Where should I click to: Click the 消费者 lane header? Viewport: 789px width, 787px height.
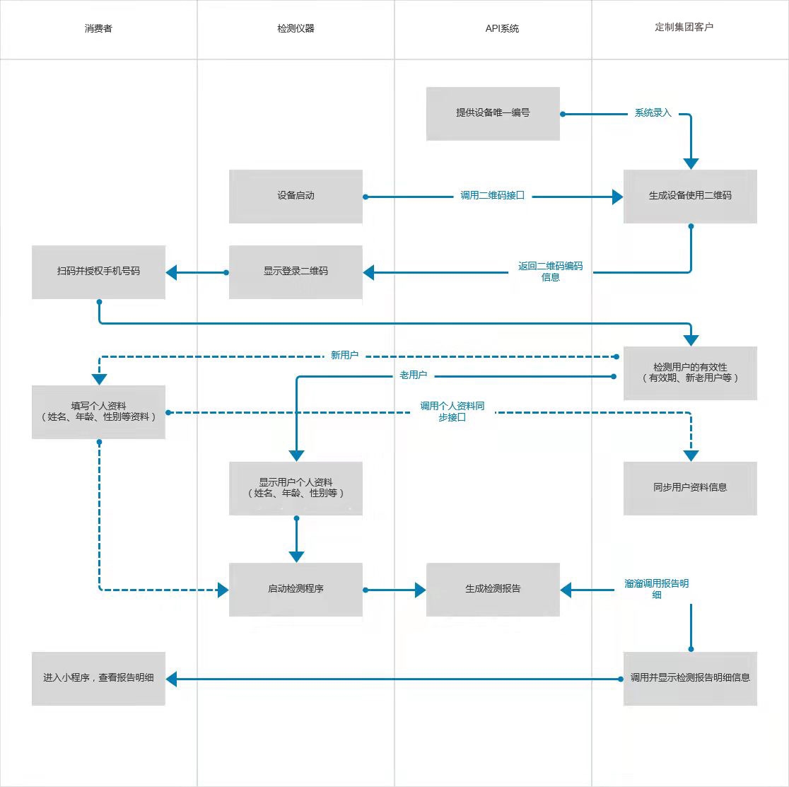point(99,29)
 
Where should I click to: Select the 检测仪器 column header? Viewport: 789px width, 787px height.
point(296,29)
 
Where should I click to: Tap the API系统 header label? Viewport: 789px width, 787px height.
point(502,29)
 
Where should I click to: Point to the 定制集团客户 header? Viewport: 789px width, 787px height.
point(684,27)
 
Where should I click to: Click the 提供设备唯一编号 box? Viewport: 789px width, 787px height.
point(493,114)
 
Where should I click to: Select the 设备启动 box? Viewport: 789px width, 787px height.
point(296,197)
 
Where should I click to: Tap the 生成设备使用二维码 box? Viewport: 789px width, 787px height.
point(690,197)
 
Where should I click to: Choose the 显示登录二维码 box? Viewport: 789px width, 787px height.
point(296,272)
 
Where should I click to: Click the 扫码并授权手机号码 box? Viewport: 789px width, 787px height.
point(99,272)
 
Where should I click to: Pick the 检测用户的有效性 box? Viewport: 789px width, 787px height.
point(690,373)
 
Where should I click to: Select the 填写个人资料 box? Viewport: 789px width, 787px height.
point(99,412)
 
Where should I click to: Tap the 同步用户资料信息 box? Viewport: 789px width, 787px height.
point(690,489)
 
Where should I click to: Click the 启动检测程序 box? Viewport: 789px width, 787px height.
point(296,590)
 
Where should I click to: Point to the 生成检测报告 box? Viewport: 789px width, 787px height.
point(493,590)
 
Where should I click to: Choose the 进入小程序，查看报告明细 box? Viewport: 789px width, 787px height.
point(99,679)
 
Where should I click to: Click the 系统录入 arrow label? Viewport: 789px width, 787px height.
point(653,113)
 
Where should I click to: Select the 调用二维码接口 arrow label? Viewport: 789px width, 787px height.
point(493,196)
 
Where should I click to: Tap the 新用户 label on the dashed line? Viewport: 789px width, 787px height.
point(345,355)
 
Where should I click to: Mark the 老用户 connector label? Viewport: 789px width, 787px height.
point(413,375)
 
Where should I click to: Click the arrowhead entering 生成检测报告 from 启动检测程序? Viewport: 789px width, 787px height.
point(421,590)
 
